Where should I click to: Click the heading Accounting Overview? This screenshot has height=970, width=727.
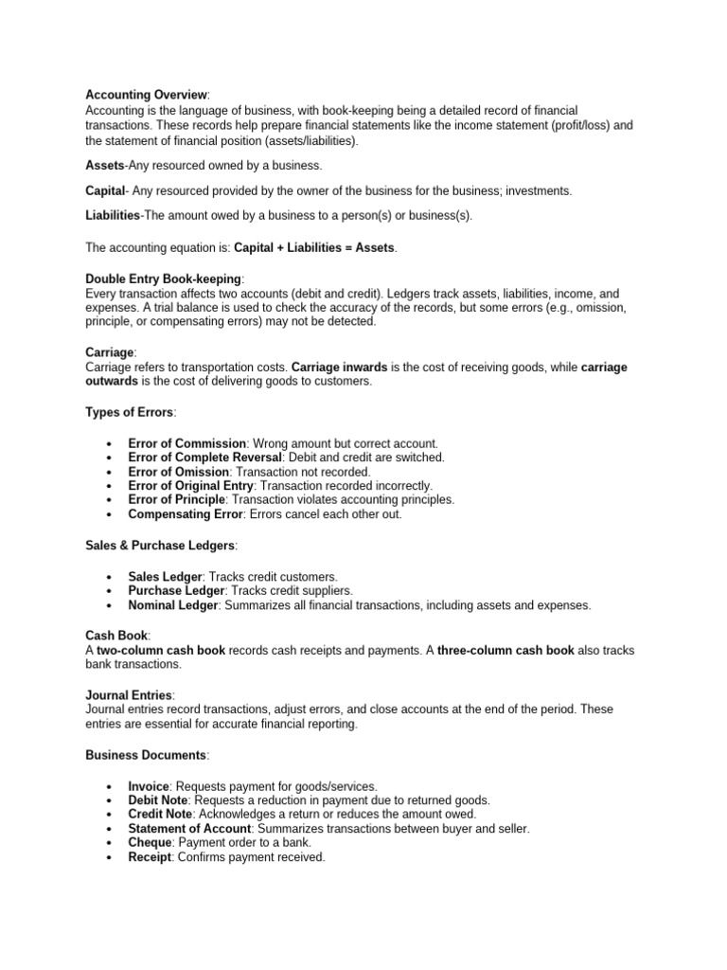click(146, 95)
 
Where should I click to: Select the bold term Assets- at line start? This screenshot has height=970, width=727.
click(105, 165)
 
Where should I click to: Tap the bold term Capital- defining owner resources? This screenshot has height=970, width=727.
click(106, 190)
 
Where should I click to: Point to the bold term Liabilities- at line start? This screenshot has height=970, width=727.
click(113, 215)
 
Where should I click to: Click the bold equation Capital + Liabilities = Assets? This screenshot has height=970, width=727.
click(315, 247)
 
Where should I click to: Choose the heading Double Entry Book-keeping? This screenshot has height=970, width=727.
click(164, 278)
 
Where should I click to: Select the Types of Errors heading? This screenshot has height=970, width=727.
click(130, 412)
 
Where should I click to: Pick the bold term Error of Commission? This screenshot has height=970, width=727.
click(186, 443)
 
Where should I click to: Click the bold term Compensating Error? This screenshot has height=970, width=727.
click(186, 514)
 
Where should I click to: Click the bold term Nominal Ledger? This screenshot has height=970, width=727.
click(173, 605)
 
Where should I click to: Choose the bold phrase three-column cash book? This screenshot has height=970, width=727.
click(505, 651)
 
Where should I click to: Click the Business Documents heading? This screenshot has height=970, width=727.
click(146, 754)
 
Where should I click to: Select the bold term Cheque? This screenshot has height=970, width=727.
click(150, 842)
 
